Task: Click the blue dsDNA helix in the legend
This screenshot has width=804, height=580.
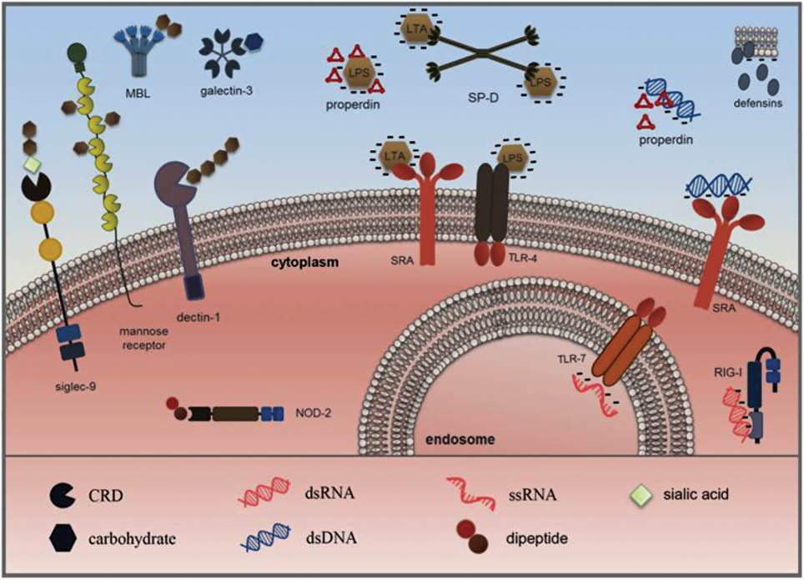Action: pyautogui.click(x=266, y=539)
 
